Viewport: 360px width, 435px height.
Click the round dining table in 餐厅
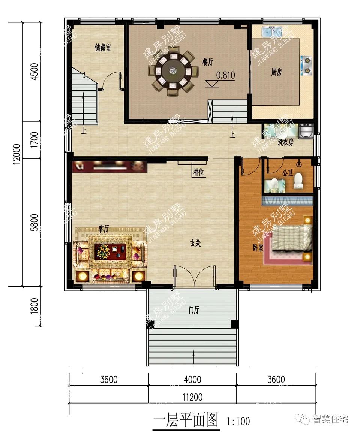click(173, 71)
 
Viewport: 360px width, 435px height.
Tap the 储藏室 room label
click(103, 48)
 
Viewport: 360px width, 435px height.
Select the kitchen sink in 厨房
click(271, 31)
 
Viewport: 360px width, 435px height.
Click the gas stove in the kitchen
click(306, 65)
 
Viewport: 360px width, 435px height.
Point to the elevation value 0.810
click(225, 75)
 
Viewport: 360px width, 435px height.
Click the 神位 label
click(199, 172)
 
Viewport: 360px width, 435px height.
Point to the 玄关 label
click(195, 243)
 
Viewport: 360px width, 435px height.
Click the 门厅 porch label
click(194, 310)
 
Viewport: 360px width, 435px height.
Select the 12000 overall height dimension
click(16, 154)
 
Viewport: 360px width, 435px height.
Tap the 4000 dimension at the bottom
click(192, 379)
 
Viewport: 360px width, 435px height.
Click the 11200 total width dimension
click(192, 397)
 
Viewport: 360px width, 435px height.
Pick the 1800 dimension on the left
click(34, 306)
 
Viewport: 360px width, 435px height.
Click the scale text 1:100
click(238, 422)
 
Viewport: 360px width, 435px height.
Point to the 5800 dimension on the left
click(34, 222)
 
